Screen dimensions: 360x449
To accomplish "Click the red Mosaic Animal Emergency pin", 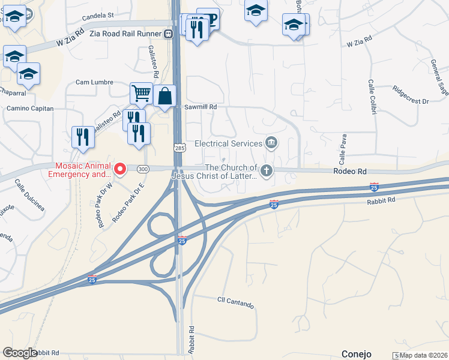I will (119, 170).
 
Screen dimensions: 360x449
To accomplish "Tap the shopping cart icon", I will (140, 94).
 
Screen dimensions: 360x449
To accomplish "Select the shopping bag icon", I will (164, 96).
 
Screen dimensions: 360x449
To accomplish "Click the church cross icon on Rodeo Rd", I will (266, 172).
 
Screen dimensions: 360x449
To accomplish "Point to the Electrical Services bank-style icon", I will (271, 143).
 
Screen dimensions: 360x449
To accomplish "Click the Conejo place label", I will (357, 353).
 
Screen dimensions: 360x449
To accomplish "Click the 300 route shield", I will (142, 169).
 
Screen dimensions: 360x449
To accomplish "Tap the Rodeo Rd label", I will (350, 171).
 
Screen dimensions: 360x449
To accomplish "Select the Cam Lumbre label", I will (94, 82).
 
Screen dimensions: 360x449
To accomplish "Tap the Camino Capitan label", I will (30, 109).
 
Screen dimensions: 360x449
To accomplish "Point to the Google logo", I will (20, 353).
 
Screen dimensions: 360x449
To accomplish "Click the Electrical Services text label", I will (228, 143).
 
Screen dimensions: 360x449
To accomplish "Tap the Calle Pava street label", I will (343, 149).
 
